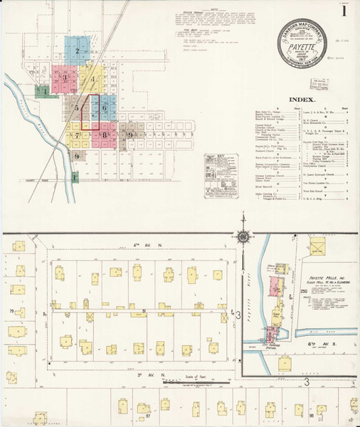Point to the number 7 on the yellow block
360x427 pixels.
pos(76,135)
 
